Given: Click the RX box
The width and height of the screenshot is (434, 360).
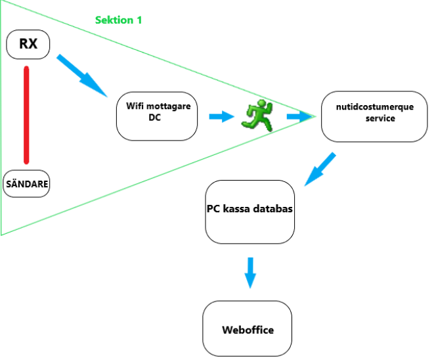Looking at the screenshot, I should tap(28, 45).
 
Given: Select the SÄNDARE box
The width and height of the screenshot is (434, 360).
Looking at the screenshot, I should tap(26, 185).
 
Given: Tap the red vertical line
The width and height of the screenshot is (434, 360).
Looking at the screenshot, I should tap(27, 114).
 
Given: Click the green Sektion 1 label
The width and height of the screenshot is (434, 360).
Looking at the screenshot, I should tap(119, 20).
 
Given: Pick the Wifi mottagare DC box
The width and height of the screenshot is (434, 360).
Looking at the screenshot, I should tap(156, 116).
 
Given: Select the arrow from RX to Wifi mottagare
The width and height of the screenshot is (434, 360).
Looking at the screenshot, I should tap(82, 76).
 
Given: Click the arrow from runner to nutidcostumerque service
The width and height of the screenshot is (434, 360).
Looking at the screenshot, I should tap(299, 117).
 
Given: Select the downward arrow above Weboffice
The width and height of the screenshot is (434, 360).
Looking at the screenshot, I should tap(250, 271).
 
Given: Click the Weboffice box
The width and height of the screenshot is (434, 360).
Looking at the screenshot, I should tap(247, 328).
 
